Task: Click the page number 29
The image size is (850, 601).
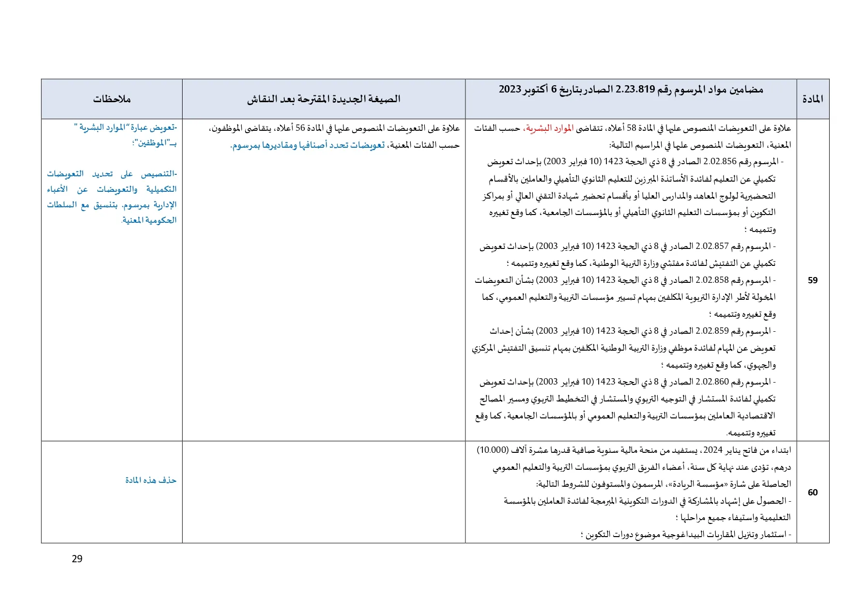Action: pyautogui.click(x=77, y=559)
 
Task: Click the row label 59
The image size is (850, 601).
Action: pyautogui.click(x=813, y=280)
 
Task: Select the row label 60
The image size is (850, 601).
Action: pyautogui.click(x=813, y=492)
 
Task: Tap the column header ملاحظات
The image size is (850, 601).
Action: pyautogui.click(x=112, y=99)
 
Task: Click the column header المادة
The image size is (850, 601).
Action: pyautogui.click(x=813, y=99)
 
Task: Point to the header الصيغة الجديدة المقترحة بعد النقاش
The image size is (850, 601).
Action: pyautogui.click(x=324, y=99)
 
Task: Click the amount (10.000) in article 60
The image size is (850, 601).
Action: pyautogui.click(x=493, y=450)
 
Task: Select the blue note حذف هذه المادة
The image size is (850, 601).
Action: pyautogui.click(x=151, y=480)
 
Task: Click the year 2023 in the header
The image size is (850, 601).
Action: pyautogui.click(x=510, y=89)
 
